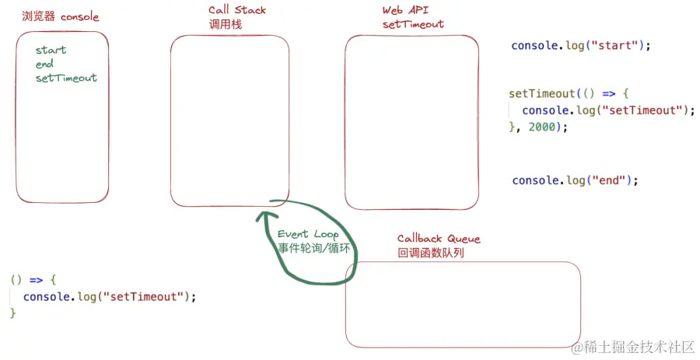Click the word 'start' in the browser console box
click(x=51, y=51)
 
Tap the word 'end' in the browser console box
click(x=44, y=65)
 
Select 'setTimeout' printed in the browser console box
click(x=66, y=78)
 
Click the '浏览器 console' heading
click(x=61, y=16)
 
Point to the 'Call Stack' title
click(x=236, y=10)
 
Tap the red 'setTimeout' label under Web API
click(x=413, y=24)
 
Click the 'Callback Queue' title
click(x=439, y=239)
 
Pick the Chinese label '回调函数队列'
click(x=431, y=253)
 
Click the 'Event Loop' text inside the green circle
click(x=308, y=234)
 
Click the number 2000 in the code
click(x=544, y=127)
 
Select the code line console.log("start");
click(x=580, y=46)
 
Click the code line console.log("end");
click(x=575, y=180)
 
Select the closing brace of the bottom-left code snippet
click(x=12, y=313)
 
